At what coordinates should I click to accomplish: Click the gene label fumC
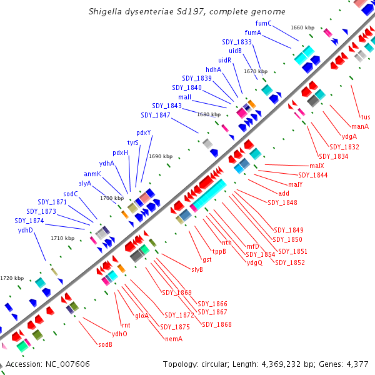pos(263,23)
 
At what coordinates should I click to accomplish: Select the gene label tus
pos(366,117)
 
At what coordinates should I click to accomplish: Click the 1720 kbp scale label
pos(12,278)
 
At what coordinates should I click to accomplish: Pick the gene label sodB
pos(105,344)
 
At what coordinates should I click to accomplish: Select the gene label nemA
pos(173,339)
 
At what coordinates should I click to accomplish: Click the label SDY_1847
pos(156,115)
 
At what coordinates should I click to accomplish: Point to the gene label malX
pos(317,166)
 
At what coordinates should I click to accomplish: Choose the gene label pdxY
pos(144,132)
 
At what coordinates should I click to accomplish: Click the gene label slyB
pos(197,269)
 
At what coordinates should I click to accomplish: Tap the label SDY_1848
pos(282,202)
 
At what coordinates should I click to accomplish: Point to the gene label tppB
pos(219,251)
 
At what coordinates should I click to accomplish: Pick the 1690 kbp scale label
pos(161,156)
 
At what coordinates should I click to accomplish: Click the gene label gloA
pos(142,316)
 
